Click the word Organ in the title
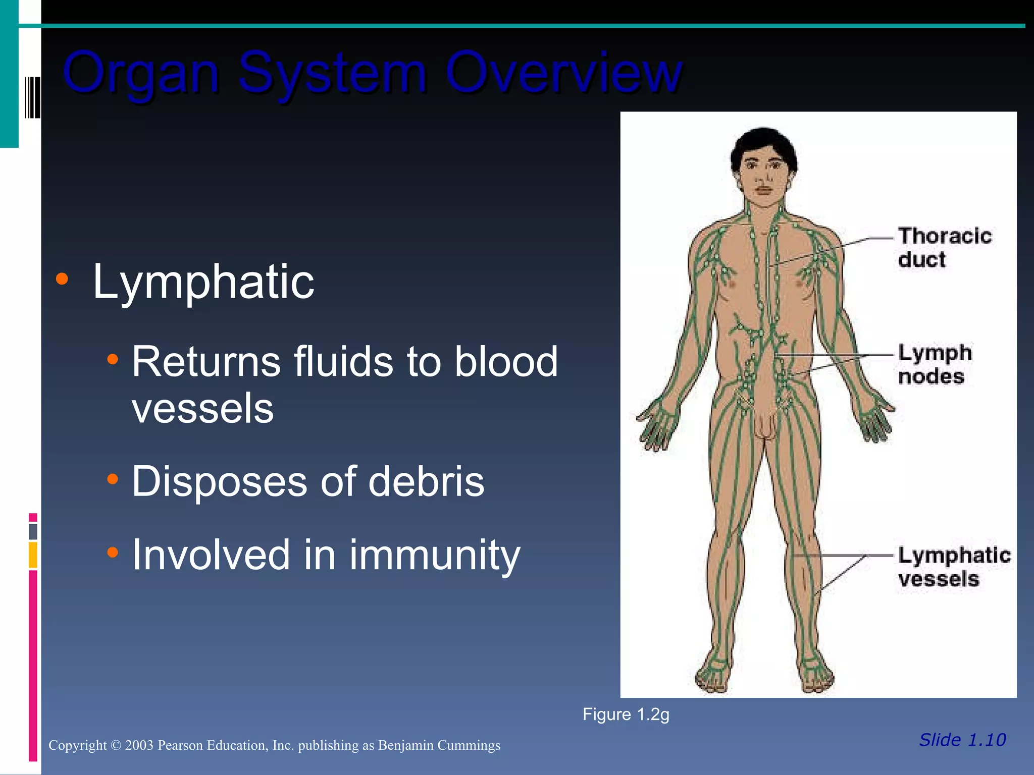click(141, 74)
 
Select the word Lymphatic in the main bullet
click(203, 282)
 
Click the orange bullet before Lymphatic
click(62, 279)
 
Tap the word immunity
click(434, 556)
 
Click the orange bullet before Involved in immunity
click(113, 552)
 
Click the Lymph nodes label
click(934, 364)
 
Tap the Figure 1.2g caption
click(626, 714)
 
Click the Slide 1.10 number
click(962, 740)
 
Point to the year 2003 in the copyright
click(139, 745)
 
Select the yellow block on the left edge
click(33, 555)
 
